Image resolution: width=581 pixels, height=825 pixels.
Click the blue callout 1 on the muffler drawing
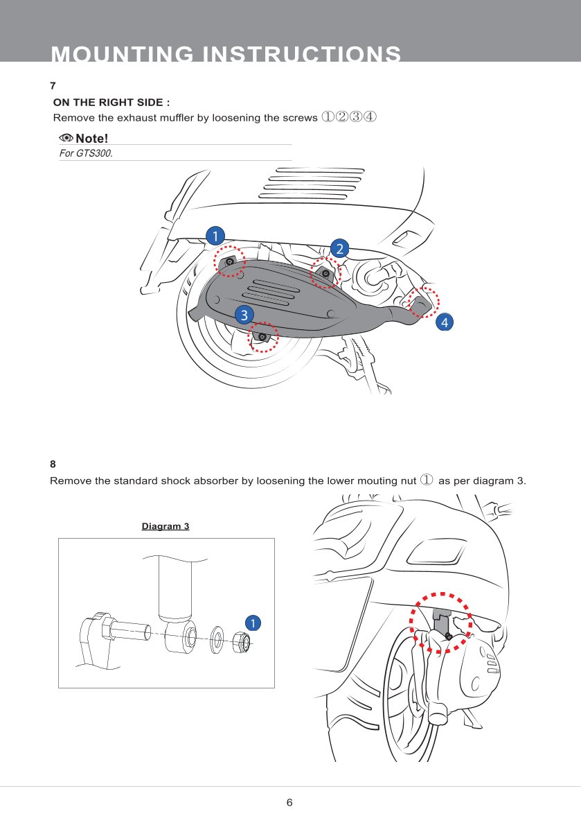coord(215,236)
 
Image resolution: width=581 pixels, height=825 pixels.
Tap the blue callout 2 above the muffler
coord(339,248)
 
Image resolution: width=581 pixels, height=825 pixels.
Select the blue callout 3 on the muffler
coord(244,315)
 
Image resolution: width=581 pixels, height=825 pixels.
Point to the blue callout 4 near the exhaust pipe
coord(445,322)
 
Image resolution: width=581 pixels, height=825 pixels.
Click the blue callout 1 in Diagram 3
coord(253,623)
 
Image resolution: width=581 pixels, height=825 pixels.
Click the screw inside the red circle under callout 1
coord(230,261)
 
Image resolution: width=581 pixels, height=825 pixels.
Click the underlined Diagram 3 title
coord(166,526)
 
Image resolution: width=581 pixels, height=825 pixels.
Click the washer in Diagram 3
coord(217,640)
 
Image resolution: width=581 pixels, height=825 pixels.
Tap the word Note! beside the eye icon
coord(92,139)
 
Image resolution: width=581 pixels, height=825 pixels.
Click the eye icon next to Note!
coord(66,138)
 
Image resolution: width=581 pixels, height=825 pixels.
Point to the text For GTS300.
coord(86,154)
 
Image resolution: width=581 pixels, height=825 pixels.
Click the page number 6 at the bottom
coord(289,802)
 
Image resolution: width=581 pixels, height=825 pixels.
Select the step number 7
coord(53,86)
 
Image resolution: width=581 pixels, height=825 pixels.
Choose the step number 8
coord(53,464)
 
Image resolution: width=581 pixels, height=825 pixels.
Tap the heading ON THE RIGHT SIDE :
coord(111,103)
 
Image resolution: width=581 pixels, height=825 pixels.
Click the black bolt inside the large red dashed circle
coord(449,636)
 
